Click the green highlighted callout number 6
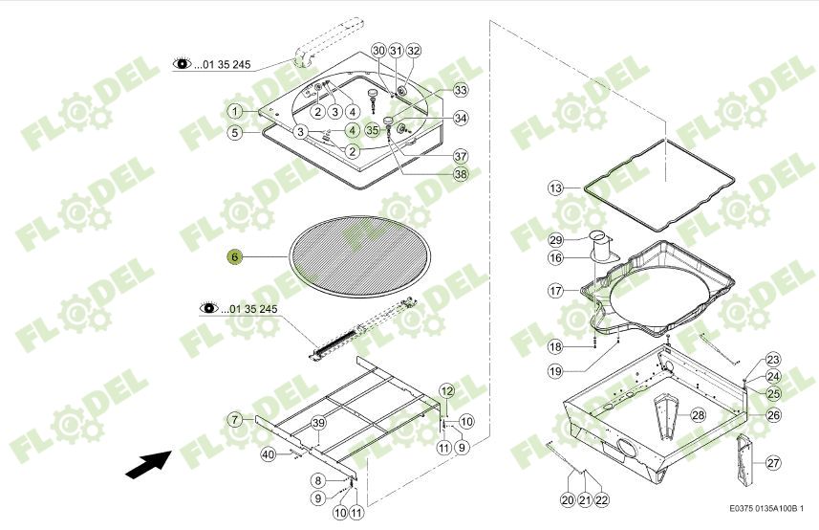(x=234, y=256)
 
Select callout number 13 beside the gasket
(x=557, y=188)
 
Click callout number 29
(x=556, y=239)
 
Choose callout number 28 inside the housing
(x=698, y=414)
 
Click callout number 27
(x=772, y=463)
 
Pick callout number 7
(x=234, y=419)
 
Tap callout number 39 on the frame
(x=319, y=423)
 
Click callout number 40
(x=269, y=453)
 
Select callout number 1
(x=234, y=112)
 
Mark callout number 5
(x=234, y=133)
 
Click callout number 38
(x=461, y=174)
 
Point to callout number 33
(x=461, y=90)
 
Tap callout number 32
(x=413, y=50)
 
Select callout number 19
(x=556, y=370)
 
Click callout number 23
(x=772, y=359)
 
